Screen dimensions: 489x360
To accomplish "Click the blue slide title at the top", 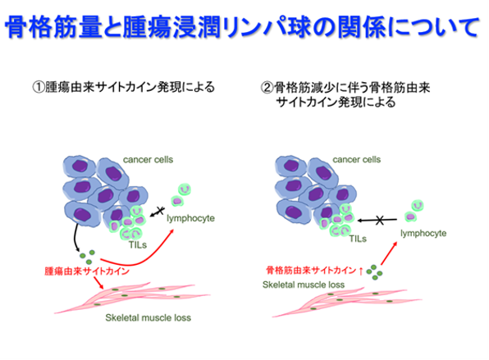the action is pyautogui.click(x=242, y=27).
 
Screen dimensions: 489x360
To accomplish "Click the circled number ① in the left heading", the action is pyautogui.click(x=39, y=87).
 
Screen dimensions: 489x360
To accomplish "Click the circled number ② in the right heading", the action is pyautogui.click(x=267, y=88).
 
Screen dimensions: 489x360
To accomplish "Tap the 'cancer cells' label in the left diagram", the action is pyautogui.click(x=148, y=160).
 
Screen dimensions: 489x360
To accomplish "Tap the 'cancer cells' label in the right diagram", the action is pyautogui.click(x=356, y=160).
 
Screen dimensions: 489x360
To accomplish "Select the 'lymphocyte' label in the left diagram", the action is pyautogui.click(x=190, y=218).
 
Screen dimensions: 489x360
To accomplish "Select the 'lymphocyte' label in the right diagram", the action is pyautogui.click(x=423, y=234).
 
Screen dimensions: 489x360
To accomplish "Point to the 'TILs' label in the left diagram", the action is pyautogui.click(x=138, y=245).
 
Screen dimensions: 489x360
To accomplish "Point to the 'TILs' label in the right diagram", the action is pyautogui.click(x=358, y=239).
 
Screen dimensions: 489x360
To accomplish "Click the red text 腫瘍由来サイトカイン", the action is pyautogui.click(x=87, y=271).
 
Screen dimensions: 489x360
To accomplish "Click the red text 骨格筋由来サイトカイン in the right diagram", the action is pyautogui.click(x=311, y=270).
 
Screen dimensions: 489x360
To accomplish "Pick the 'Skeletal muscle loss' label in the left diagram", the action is pyautogui.click(x=148, y=317).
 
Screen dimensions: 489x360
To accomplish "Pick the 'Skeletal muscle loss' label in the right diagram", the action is pyautogui.click(x=304, y=285).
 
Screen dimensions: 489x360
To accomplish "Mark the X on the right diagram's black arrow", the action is pyautogui.click(x=380, y=221).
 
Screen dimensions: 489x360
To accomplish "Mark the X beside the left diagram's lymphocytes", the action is pyautogui.click(x=160, y=211).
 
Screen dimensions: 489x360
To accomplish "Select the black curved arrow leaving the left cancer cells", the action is pyautogui.click(x=75, y=237).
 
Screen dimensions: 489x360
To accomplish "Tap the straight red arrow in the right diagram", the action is pyautogui.click(x=389, y=253).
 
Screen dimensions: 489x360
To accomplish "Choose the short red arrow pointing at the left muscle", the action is pyautogui.click(x=98, y=282).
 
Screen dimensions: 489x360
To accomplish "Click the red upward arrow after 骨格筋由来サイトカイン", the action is pyautogui.click(x=361, y=271).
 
